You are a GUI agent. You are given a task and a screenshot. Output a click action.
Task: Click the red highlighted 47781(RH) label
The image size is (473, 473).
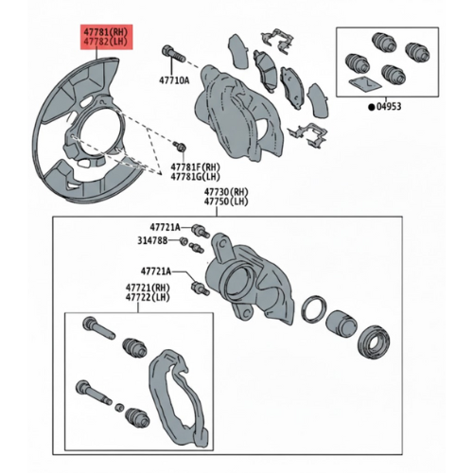coord(106,32)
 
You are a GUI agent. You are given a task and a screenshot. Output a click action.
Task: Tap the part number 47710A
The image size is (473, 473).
coord(174,80)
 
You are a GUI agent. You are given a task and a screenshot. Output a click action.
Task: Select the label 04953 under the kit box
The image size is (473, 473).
coord(389,107)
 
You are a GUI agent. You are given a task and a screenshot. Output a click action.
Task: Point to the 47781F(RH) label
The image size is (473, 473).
coord(195,166)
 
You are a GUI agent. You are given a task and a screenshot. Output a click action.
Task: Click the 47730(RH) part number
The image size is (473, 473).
coord(226,191)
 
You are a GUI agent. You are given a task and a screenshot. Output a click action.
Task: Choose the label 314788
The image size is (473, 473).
coord(152,240)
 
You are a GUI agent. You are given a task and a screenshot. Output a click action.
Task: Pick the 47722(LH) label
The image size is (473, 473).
coord(148,297)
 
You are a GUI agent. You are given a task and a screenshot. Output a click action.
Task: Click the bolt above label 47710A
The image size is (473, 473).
coord(173,54)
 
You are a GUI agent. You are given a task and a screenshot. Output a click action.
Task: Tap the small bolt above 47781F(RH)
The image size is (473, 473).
coord(181,147)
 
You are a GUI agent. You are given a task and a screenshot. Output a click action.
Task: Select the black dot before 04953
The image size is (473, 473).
coord(372,107)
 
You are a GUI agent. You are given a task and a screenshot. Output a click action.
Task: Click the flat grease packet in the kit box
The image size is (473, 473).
coord(365,83)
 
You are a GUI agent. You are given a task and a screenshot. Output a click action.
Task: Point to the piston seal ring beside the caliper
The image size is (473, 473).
coord(314,309)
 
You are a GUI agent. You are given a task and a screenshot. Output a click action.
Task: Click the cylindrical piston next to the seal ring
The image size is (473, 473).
coord(342,323)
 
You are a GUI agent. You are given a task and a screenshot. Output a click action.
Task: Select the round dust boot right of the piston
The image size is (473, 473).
coord(374,342)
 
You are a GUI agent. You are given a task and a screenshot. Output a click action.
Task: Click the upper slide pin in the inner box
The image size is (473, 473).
coord(98,328)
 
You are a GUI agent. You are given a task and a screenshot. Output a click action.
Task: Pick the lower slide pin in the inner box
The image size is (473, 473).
coord(94,392)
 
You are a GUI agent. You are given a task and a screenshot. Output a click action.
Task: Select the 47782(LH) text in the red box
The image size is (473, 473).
coord(106,42)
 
